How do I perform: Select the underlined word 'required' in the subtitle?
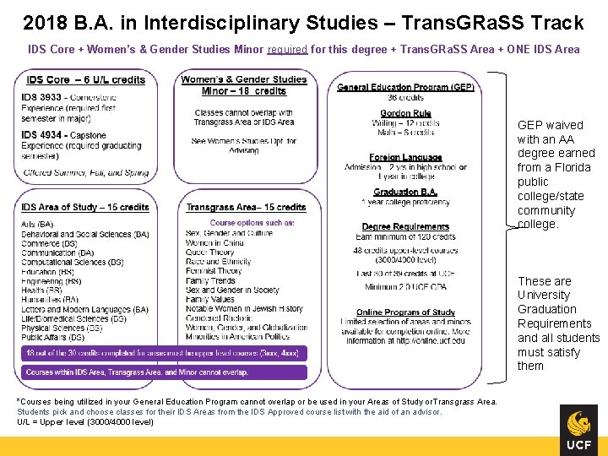click(287, 49)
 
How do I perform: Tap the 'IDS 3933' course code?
click(41, 98)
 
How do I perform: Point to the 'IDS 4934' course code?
click(41, 135)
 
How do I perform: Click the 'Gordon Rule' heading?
click(405, 113)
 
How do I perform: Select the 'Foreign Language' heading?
click(405, 157)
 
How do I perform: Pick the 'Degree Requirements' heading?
click(405, 226)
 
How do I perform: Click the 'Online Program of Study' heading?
click(405, 312)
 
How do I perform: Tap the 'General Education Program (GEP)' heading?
click(405, 87)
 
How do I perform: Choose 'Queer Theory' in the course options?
click(210, 252)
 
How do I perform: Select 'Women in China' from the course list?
click(214, 243)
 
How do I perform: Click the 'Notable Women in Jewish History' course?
click(244, 309)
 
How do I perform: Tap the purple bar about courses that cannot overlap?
click(160, 372)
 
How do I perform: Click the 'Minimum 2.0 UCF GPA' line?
click(405, 287)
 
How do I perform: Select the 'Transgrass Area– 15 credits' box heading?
click(246, 207)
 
